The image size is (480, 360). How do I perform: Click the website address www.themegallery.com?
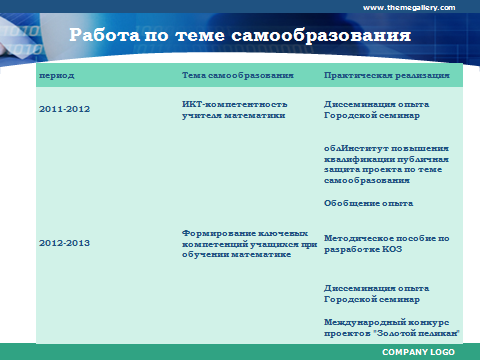pyautogui.click(x=409, y=8)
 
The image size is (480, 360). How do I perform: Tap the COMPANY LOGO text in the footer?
pyautogui.click(x=418, y=352)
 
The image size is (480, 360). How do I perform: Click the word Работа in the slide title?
pyautogui.click(x=104, y=35)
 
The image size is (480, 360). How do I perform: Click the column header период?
pyautogui.click(x=57, y=76)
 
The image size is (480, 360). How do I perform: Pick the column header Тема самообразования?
pyautogui.click(x=238, y=76)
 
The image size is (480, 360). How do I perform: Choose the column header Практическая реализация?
pyautogui.click(x=387, y=76)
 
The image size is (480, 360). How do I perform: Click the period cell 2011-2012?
pyautogui.click(x=64, y=109)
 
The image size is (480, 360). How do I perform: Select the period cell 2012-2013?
pyautogui.click(x=64, y=243)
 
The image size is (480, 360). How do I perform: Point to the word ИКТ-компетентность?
pyautogui.click(x=235, y=104)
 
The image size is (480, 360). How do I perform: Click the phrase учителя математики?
pyautogui.click(x=233, y=115)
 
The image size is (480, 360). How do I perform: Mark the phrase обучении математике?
pyautogui.click(x=236, y=255)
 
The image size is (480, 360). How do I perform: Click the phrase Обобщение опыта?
pyautogui.click(x=368, y=203)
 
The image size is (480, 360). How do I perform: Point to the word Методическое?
pyautogui.click(x=358, y=238)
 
